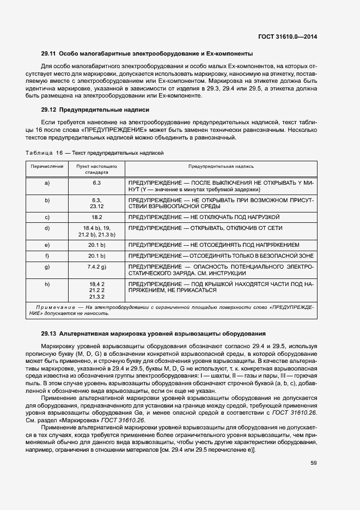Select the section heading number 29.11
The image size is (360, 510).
point(49,53)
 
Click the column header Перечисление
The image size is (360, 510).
point(47,166)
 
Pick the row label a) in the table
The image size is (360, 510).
point(47,183)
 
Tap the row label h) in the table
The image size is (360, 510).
point(47,284)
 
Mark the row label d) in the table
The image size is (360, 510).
point(47,228)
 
